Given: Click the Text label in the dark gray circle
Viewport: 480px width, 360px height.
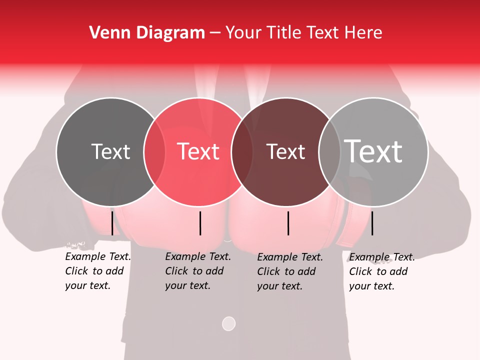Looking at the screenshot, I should (110, 151).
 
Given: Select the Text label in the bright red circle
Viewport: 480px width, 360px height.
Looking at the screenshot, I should (198, 151).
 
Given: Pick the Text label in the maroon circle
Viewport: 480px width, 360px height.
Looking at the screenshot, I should (285, 151).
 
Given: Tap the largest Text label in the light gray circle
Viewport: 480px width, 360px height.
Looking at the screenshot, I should (373, 151).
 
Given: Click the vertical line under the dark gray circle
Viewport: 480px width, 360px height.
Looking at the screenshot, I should (112, 223).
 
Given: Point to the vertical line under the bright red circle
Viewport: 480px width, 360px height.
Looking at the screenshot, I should (200, 223).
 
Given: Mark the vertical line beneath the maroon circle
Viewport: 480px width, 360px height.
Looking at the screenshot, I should (288, 223).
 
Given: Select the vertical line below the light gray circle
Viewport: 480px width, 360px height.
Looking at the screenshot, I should (372, 223).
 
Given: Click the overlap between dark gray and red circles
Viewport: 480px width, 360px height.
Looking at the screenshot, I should (154, 151).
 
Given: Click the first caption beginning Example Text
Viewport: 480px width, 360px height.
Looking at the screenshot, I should (97, 271).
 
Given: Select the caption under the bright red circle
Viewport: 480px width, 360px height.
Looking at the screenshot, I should (197, 271).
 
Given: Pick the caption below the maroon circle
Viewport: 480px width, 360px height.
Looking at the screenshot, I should (289, 271).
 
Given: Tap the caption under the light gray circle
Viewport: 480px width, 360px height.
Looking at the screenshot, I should (381, 271).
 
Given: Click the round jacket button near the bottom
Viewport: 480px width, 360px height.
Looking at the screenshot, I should (228, 323).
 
